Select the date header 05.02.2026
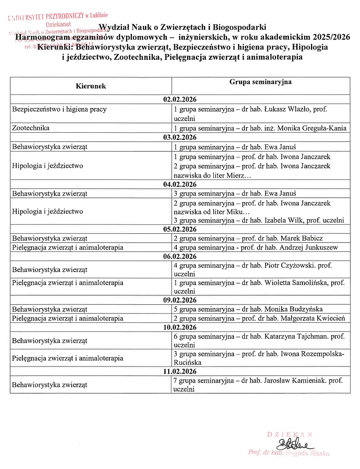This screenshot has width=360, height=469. (x=180, y=229)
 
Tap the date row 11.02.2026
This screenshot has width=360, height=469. (x=180, y=371)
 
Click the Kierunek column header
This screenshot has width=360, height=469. (x=91, y=86)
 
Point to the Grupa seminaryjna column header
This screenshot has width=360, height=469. (x=261, y=82)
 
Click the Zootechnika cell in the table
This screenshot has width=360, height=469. (x=31, y=128)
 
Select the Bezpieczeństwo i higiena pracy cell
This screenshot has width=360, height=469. (x=59, y=109)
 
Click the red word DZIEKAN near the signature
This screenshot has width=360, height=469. (x=290, y=434)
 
